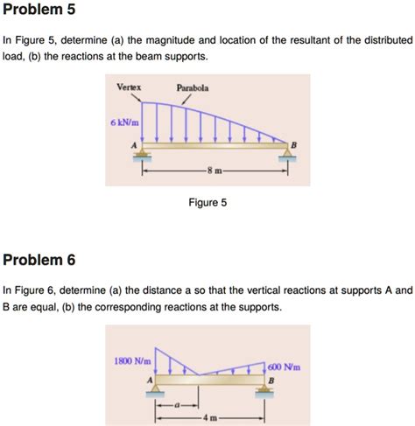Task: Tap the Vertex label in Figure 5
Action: point(130,87)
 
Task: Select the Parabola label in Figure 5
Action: point(192,87)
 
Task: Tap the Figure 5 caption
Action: point(207,202)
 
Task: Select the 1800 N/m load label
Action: point(132,360)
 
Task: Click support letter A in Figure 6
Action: point(150,380)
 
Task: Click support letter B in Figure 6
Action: point(271,381)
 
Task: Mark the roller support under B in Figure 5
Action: point(286,157)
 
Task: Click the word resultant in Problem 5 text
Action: point(331,40)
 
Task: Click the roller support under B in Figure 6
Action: point(264,393)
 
